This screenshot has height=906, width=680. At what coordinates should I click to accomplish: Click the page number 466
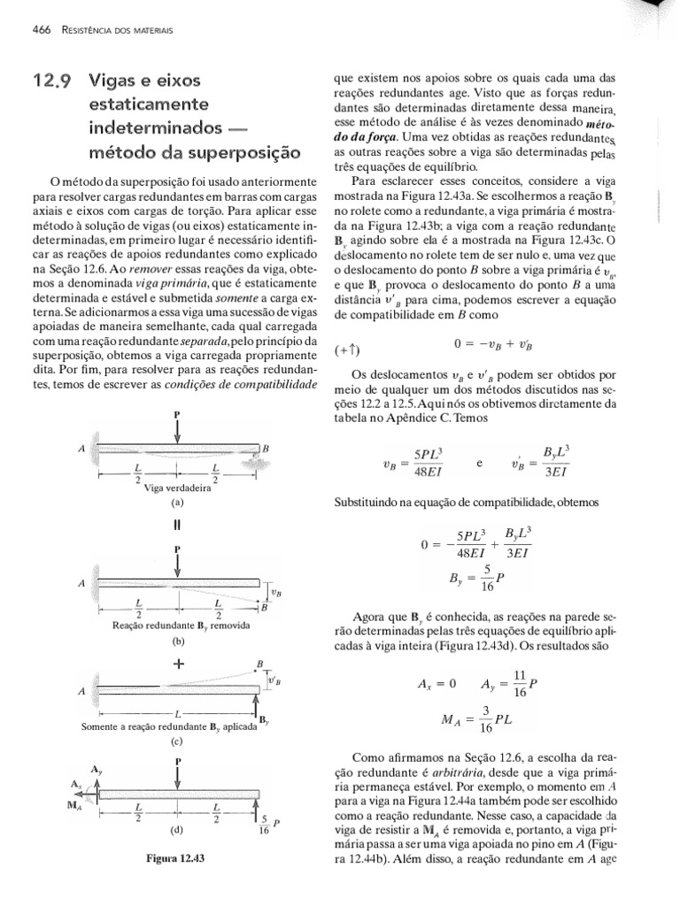click(40, 30)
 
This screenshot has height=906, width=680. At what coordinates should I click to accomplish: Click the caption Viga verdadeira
click(177, 487)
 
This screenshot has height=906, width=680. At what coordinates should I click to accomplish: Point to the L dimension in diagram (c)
click(178, 711)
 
